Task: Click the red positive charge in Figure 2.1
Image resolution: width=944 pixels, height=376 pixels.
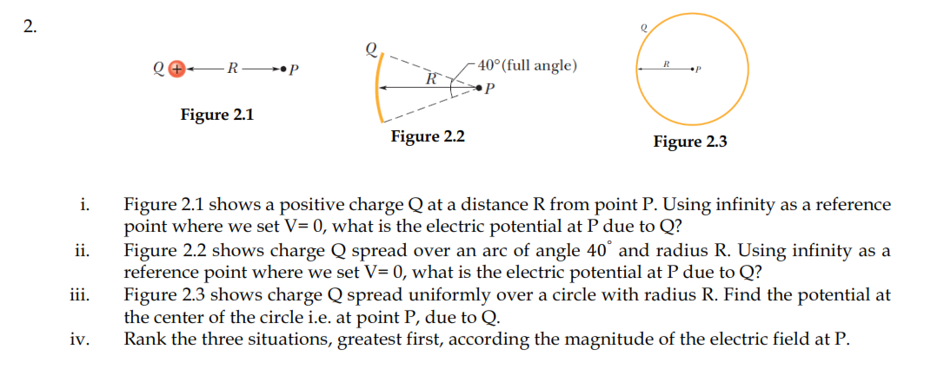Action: coord(176,69)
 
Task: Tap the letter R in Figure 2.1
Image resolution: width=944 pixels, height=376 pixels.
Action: coord(229,69)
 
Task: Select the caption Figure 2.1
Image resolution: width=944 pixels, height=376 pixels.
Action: coord(217,115)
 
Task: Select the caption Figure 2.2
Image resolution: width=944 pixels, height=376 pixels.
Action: coord(428,136)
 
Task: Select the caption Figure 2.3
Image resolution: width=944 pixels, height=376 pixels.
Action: coord(689,142)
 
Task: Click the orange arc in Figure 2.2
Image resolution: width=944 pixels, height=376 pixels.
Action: coord(378,87)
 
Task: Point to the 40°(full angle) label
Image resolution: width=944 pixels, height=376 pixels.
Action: coord(527,66)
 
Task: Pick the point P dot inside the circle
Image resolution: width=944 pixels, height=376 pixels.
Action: coord(693,69)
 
